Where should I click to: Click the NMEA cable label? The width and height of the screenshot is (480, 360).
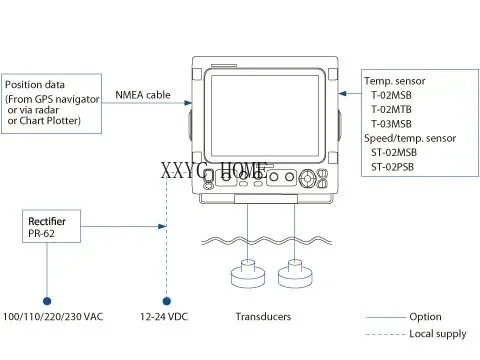pos(143,96)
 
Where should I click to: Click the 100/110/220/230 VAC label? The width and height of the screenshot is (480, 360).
pos(52,317)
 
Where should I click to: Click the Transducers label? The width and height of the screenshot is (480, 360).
pos(263,317)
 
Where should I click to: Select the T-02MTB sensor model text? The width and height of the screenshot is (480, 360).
pos(393,108)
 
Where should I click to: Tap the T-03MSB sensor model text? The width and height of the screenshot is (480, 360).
pos(393,123)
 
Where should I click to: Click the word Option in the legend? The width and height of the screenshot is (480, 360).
pos(425,317)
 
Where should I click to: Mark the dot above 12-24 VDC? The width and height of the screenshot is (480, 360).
pos(165,299)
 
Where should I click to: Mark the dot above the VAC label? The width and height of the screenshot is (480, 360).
pos(48,299)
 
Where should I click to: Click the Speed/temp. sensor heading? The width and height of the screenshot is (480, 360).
pos(409,137)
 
